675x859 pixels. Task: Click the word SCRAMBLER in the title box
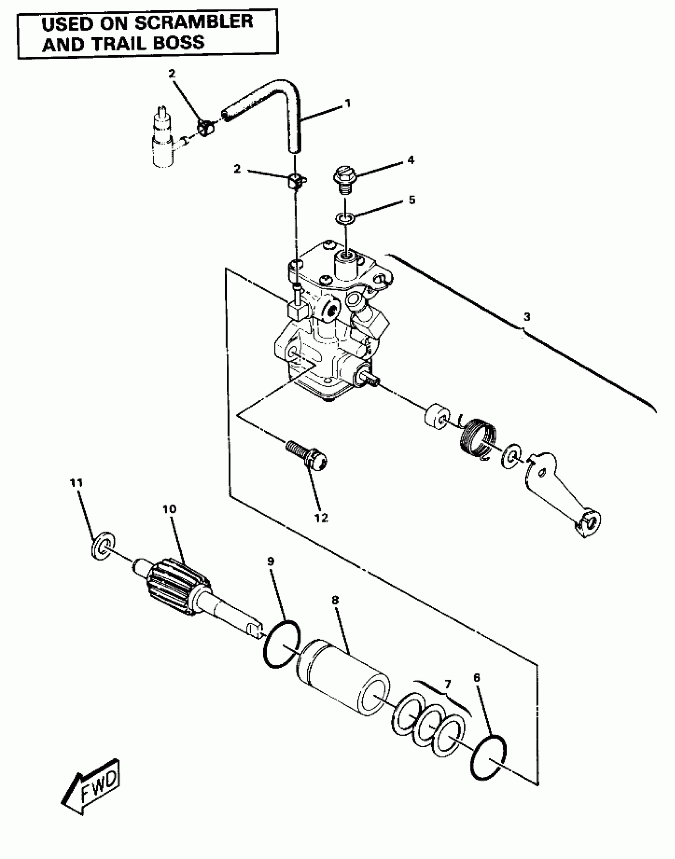pos(193,22)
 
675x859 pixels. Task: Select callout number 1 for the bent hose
pos(348,104)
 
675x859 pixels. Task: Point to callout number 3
pos(526,317)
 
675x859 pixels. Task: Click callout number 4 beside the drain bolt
pos(411,160)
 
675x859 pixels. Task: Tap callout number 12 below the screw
pos(322,517)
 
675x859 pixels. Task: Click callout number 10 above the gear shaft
pos(170,509)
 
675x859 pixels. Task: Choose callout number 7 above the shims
pos(447,684)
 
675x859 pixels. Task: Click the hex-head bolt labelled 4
pos(343,179)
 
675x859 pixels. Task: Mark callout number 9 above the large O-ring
pos(271,561)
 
